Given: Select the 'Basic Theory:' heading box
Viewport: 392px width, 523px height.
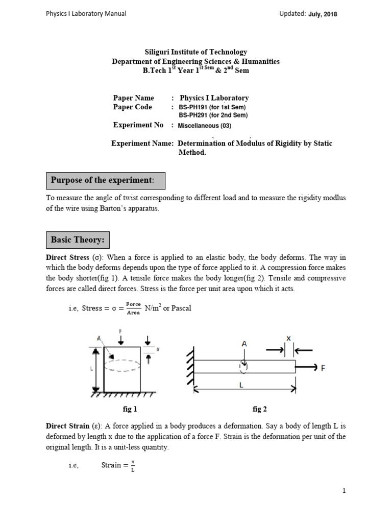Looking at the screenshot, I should [x=77, y=239].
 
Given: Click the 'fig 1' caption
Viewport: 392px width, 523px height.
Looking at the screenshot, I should [x=130, y=409].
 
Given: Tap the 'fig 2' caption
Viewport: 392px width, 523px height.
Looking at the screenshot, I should [x=260, y=409].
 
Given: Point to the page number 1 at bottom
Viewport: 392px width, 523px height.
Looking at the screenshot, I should [x=344, y=491].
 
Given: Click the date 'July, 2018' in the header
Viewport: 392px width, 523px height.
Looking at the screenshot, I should [x=323, y=14].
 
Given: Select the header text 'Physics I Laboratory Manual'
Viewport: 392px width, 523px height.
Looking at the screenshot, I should [x=86, y=14].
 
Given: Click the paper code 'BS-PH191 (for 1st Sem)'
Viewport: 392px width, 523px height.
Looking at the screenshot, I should [x=212, y=107].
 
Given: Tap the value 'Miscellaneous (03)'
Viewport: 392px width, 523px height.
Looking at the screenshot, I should [x=208, y=126].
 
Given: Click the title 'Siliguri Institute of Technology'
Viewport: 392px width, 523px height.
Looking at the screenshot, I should [x=196, y=52].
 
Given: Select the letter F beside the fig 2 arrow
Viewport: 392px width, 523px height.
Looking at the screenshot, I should [x=322, y=367].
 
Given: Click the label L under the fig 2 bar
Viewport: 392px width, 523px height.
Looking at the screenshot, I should [x=241, y=387].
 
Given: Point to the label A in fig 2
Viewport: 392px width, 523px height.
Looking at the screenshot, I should [x=244, y=345].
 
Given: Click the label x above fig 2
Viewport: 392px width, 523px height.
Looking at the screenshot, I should [x=288, y=338].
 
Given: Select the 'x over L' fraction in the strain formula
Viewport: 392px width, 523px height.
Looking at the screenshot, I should [x=132, y=465].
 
